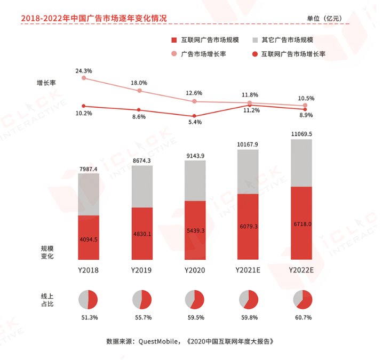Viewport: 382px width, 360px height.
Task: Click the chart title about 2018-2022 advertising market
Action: click(94, 18)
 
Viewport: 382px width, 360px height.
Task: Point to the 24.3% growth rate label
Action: click(84, 70)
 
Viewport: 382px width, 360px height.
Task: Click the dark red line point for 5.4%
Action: click(194, 116)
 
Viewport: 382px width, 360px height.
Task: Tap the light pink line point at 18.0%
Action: click(140, 91)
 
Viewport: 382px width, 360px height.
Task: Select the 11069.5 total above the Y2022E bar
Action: click(301, 134)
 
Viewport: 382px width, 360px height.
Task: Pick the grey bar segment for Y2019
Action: click(142, 186)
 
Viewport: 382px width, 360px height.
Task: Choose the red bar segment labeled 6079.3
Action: click(248, 227)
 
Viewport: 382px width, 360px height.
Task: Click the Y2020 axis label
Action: click(195, 270)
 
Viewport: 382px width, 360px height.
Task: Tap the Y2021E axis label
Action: click(248, 270)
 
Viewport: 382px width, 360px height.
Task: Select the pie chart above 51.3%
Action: click(88, 299)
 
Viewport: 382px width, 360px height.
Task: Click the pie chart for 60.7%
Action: click(302, 299)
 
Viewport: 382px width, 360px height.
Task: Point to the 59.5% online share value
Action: click(195, 318)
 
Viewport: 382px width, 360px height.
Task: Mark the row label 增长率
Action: click(46, 83)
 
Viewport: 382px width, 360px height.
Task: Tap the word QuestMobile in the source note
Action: click(158, 341)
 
